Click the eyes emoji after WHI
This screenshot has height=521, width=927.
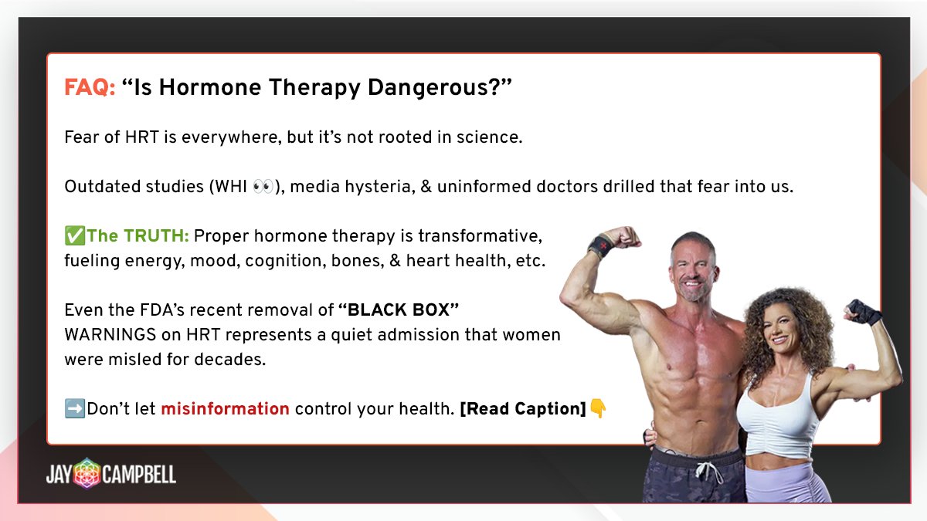click(x=263, y=187)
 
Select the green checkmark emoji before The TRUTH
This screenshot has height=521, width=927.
click(x=74, y=236)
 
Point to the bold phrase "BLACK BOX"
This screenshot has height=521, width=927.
click(x=399, y=310)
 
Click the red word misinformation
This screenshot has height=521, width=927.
click(x=225, y=409)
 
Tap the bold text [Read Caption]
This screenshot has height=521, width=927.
click(x=523, y=409)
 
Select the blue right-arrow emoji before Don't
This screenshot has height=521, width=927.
click(x=74, y=409)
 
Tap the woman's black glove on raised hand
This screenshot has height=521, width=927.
click(x=863, y=311)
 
